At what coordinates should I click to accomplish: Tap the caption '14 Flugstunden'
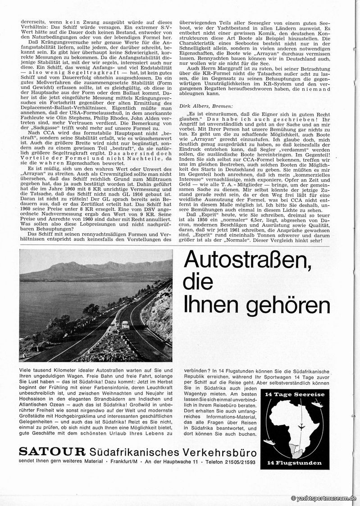[x=300, y=463]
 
